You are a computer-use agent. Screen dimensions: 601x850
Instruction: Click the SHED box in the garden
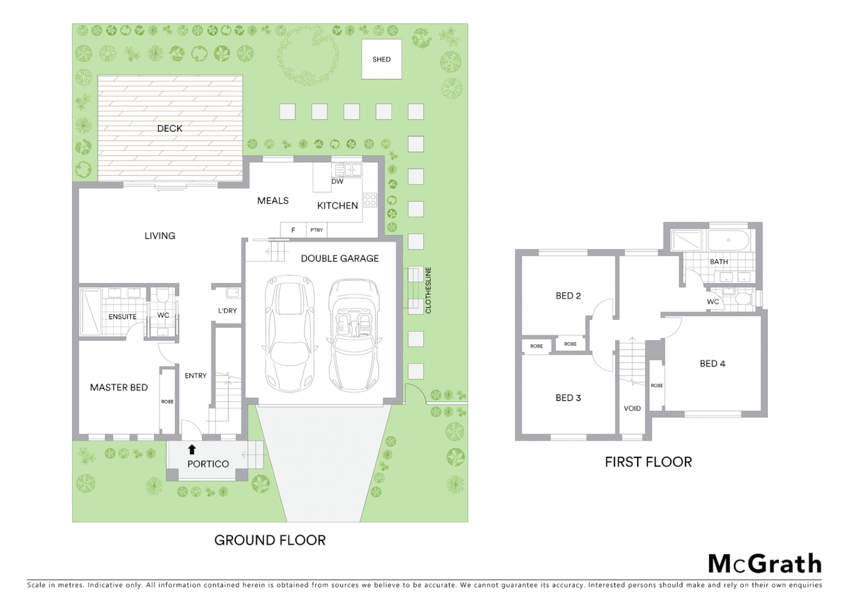click(382, 59)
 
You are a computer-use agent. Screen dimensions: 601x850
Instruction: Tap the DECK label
click(170, 129)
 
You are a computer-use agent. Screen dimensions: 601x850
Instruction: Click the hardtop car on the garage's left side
click(290, 334)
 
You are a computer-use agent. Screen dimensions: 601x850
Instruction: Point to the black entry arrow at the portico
click(192, 449)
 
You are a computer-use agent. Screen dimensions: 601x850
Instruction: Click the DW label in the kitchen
click(337, 181)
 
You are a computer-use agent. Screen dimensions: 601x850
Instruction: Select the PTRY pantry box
click(317, 230)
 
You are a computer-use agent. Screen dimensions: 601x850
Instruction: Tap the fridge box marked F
click(293, 230)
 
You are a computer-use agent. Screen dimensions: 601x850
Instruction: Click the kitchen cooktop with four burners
click(370, 200)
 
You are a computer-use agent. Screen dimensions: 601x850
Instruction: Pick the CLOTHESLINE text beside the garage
click(428, 290)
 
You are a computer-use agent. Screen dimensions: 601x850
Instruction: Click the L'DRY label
click(227, 311)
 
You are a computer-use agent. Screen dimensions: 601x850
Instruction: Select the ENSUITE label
click(122, 317)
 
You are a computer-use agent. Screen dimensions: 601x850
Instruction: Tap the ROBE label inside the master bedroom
click(167, 401)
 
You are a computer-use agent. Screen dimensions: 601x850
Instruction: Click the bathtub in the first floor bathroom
click(728, 241)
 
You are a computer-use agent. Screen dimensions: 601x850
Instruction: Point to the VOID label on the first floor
click(632, 408)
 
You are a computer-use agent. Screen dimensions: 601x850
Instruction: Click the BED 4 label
click(712, 364)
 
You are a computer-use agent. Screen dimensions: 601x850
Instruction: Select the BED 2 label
click(568, 296)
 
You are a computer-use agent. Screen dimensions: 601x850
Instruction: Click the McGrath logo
click(764, 564)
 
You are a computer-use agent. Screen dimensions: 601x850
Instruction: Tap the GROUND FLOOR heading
click(270, 540)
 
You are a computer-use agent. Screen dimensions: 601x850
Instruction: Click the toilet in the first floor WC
click(743, 299)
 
